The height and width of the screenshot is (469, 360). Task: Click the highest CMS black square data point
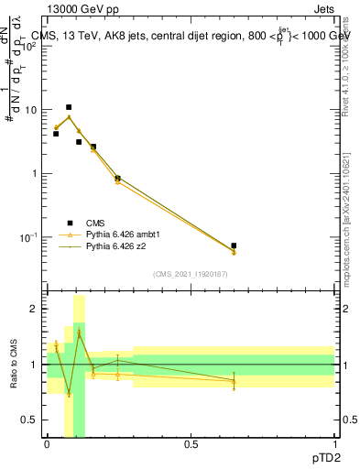pos(68,107)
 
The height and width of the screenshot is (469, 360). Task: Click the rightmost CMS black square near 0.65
pos(234,245)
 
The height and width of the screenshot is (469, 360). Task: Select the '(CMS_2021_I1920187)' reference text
pos(191,273)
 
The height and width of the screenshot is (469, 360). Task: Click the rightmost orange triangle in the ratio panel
pos(234,382)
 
